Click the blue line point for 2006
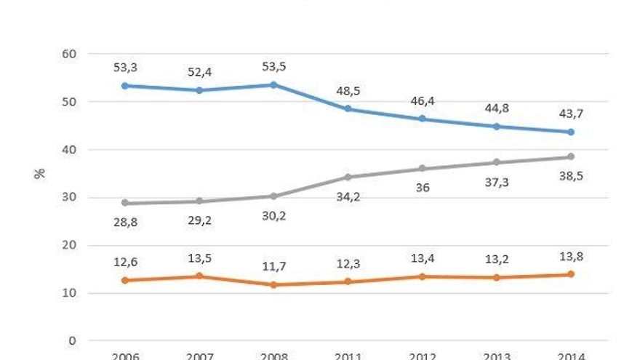[125, 86]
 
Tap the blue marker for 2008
[273, 84]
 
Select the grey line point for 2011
[348, 177]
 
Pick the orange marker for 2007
[199, 276]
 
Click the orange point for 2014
[570, 274]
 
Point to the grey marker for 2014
[570, 156]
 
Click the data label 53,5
[273, 67]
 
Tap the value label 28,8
[125, 223]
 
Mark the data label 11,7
[273, 266]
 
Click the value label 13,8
[570, 256]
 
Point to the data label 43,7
[570, 113]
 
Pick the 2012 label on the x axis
[422, 356]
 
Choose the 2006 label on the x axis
[125, 356]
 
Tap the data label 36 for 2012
[422, 188]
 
